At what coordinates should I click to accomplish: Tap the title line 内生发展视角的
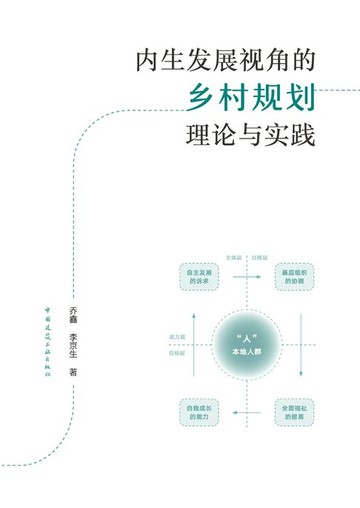click(x=224, y=60)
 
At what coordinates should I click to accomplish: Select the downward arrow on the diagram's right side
click(x=300, y=343)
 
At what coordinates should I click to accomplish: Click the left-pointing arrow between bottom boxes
click(x=244, y=412)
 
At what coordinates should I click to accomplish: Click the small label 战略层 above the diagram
click(x=259, y=258)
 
